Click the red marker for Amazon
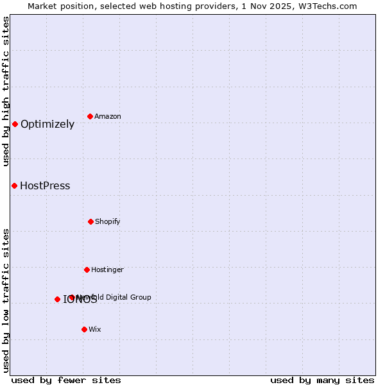click(x=90, y=116)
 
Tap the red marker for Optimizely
click(x=15, y=124)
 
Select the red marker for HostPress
click(x=14, y=185)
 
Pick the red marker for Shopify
click(x=90, y=221)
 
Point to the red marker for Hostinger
click(x=87, y=269)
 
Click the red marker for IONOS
click(x=57, y=299)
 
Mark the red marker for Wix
click(x=84, y=329)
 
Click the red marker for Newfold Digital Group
click(x=72, y=297)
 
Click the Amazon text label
click(x=108, y=116)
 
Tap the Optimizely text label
click(x=47, y=124)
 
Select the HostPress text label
click(x=45, y=186)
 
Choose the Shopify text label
click(x=108, y=221)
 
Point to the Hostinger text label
click(x=107, y=269)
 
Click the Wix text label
click(x=95, y=329)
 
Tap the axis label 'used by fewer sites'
click(x=66, y=380)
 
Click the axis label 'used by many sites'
click(x=322, y=380)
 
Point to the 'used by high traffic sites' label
click(x=6, y=91)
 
